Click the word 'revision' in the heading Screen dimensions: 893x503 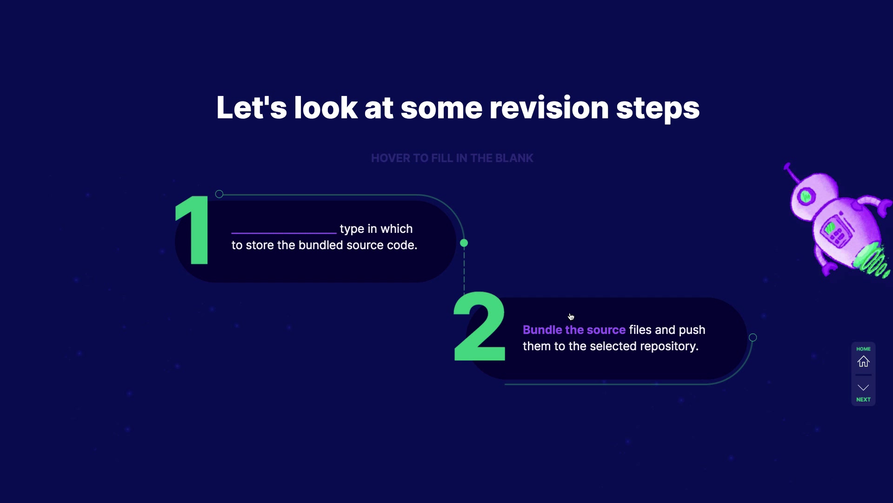tap(549, 108)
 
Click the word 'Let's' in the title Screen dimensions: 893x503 tap(252, 108)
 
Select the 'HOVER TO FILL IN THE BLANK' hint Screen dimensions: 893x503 tap(452, 158)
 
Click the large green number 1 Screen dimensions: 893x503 tap(193, 230)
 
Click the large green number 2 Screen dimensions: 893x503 tap(480, 326)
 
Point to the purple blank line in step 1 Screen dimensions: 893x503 tap(284, 232)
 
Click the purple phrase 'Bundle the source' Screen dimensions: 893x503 tap(574, 330)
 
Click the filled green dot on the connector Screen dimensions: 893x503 tap(464, 243)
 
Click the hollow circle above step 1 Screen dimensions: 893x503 tap(219, 194)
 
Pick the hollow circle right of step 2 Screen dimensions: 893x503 tap(753, 338)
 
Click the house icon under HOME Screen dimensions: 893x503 tap(863, 361)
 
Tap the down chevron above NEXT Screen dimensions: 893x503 tap(863, 387)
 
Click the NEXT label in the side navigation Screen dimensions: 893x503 tap(863, 400)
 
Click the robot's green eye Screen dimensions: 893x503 tap(806, 196)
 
